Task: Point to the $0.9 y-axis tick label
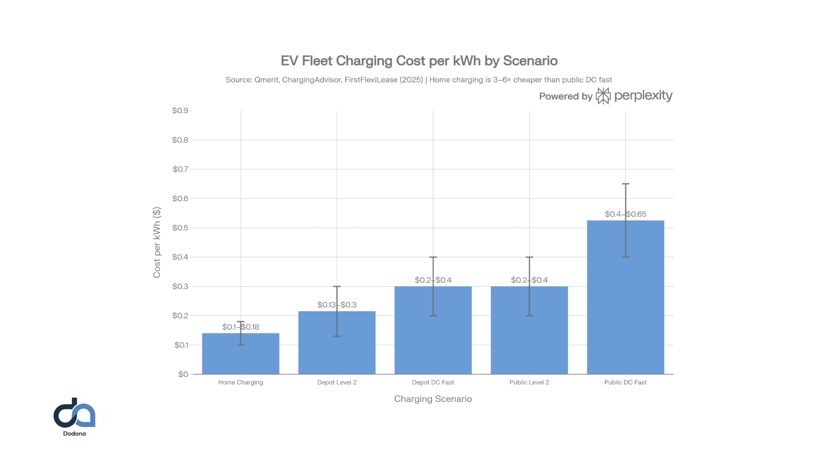[x=180, y=110]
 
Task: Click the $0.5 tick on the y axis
[x=180, y=228]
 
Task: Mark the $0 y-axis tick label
[x=183, y=374]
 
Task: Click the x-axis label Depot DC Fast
[x=433, y=382]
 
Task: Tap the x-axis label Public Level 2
[x=529, y=382]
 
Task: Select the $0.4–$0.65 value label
[x=625, y=214]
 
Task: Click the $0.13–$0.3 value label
[x=337, y=305]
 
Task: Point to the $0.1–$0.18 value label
[x=240, y=327]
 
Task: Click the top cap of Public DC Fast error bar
[x=625, y=184]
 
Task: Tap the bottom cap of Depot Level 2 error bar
[x=337, y=336]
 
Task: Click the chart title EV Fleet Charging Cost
[x=419, y=61]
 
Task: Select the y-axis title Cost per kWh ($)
[x=157, y=242]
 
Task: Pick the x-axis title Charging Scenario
[x=433, y=399]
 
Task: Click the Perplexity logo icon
[x=603, y=96]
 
